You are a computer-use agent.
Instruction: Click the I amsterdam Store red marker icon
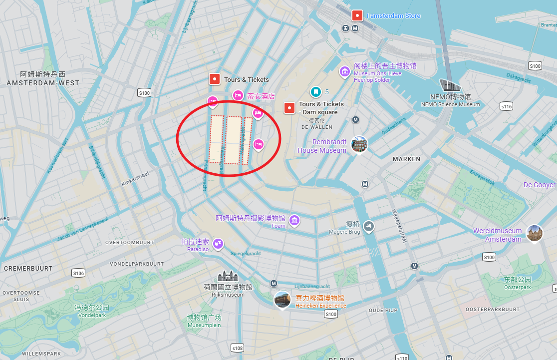click(357, 15)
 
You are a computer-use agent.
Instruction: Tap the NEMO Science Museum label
click(450, 104)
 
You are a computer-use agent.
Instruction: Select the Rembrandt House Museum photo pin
click(359, 145)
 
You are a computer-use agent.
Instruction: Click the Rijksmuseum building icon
click(228, 276)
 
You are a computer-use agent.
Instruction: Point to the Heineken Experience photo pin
click(282, 300)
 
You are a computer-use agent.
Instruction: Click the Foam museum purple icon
click(294, 220)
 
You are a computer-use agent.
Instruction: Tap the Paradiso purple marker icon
click(218, 244)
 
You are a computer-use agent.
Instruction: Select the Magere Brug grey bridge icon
click(368, 227)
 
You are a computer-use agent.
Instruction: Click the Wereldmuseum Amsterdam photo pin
click(534, 233)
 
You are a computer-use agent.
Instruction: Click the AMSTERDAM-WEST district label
click(43, 83)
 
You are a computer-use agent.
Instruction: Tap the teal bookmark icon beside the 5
click(315, 92)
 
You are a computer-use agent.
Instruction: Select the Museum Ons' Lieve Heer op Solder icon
click(344, 72)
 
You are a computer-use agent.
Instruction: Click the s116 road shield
click(507, 106)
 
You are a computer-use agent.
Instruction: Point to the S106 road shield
click(78, 273)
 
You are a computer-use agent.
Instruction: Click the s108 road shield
click(238, 348)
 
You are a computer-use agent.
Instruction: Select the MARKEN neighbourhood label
click(406, 159)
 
